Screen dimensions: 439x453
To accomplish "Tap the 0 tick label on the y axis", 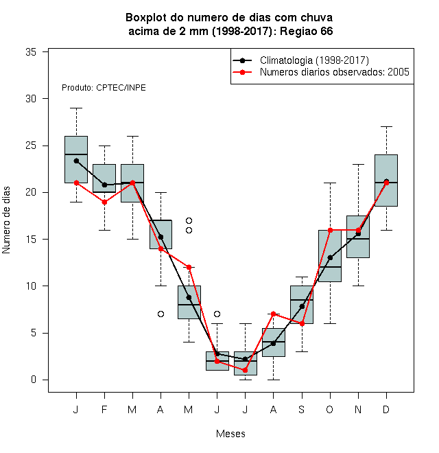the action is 34,380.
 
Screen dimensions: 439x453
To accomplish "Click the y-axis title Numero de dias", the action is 6,220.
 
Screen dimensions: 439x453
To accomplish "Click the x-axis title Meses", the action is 230,434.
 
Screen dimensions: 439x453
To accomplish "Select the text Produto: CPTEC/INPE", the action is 104,88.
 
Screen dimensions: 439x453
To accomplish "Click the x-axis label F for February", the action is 104,409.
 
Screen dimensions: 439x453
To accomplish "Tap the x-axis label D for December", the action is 386,409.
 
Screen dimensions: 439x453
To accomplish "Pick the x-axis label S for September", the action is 302,409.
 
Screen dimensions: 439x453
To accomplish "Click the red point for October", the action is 330,230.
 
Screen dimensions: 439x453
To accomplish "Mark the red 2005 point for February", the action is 104,202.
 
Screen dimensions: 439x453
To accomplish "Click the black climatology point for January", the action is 76,161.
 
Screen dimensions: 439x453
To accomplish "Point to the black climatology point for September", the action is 302,307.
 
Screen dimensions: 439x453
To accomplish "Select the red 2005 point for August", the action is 273,314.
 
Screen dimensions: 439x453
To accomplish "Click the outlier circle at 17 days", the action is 189,221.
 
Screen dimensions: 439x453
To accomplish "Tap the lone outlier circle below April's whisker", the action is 161,314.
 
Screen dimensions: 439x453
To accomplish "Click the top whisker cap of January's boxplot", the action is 76,108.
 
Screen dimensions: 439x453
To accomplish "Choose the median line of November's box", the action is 358,239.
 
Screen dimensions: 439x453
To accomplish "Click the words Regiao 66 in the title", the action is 307,31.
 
